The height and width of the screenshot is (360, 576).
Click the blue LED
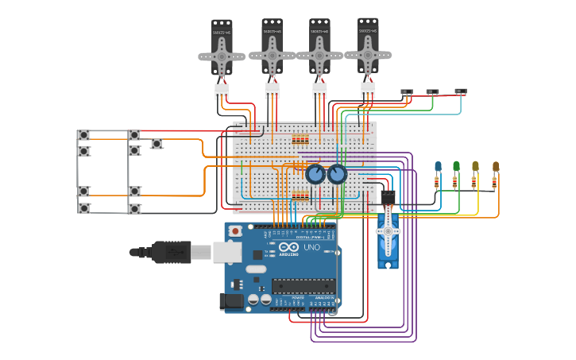[x=438, y=166]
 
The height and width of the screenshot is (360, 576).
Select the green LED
[x=457, y=166]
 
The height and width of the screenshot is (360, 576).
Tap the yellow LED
[x=475, y=166]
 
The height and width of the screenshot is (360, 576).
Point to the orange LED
[x=495, y=166]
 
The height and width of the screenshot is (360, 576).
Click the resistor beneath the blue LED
[x=437, y=182]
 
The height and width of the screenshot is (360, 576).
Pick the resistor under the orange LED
[x=494, y=182]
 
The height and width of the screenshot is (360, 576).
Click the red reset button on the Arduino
[x=235, y=230]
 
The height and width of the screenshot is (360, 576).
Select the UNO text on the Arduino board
[x=312, y=248]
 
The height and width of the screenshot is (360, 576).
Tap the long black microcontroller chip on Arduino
[x=304, y=285]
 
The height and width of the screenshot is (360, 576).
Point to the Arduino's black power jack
[x=232, y=301]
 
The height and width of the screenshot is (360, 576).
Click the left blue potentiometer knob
[x=315, y=174]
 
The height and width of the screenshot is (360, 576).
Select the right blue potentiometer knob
[x=338, y=174]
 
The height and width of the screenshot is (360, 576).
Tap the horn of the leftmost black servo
[x=222, y=56]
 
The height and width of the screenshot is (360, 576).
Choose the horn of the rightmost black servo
[x=368, y=55]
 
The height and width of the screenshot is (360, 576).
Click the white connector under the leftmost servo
[x=222, y=91]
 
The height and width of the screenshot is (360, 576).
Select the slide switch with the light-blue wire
[x=460, y=92]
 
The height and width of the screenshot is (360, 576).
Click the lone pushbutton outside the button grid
[x=157, y=144]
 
